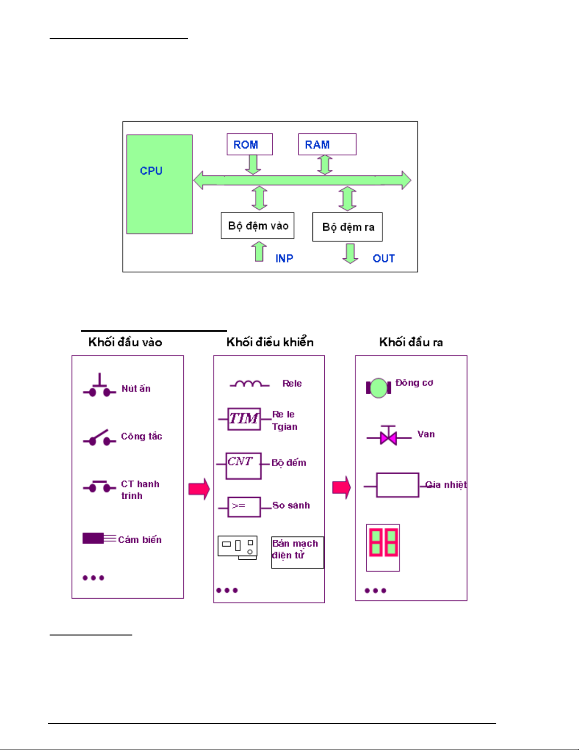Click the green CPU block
point(159,185)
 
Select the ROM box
point(250,144)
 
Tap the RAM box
point(327,144)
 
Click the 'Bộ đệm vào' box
point(258,226)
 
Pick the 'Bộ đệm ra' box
point(347,227)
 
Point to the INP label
point(284,258)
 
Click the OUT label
point(383,258)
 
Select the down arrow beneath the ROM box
point(253,164)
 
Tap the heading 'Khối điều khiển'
point(270,342)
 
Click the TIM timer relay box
point(244,419)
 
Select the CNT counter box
point(243,466)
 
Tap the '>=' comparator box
point(244,507)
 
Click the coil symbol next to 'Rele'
point(249,384)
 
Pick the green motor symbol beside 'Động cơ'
point(378,388)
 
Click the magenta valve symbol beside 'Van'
point(389,436)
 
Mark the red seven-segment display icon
point(383,547)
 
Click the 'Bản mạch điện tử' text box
point(297,552)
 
